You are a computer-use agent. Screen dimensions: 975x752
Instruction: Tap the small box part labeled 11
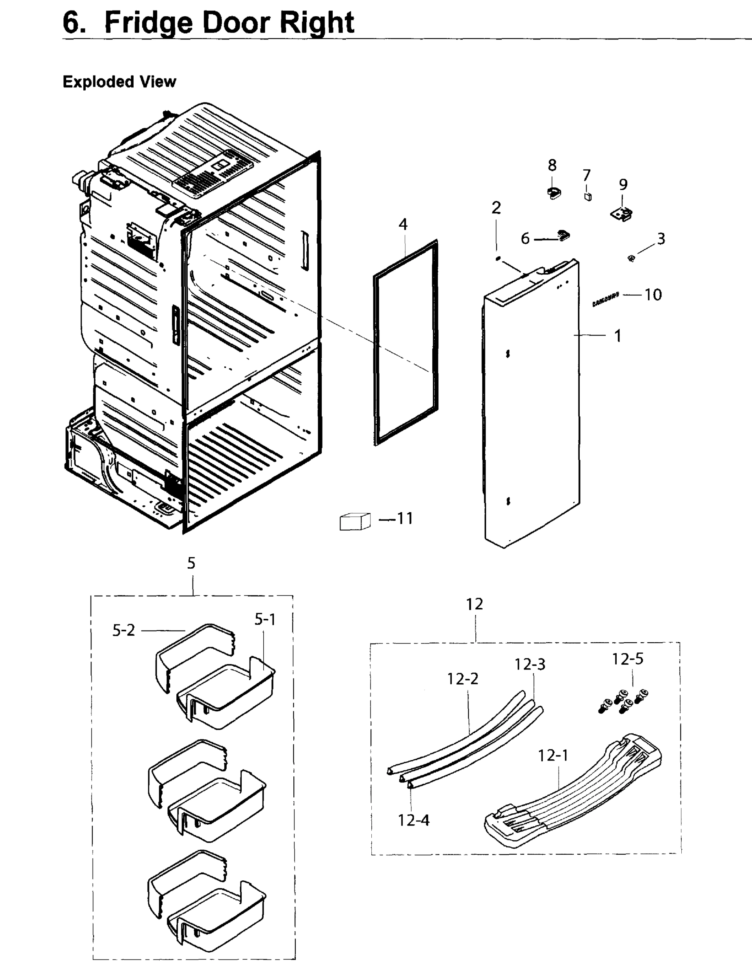tap(355, 521)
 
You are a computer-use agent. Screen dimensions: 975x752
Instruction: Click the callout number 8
tap(553, 166)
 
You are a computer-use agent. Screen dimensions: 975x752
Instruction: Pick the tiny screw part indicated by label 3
tap(631, 258)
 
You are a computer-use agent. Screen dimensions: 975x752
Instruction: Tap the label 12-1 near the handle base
tap(553, 756)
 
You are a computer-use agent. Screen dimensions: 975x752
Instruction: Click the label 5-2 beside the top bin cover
tap(123, 630)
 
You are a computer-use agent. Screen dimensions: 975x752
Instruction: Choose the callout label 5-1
tap(265, 619)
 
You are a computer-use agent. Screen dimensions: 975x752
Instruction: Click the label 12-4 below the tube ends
tap(414, 820)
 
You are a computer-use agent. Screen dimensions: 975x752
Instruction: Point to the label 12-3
tap(530, 664)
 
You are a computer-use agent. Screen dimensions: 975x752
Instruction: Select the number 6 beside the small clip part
tap(525, 239)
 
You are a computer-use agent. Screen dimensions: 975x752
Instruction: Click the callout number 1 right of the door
tap(618, 336)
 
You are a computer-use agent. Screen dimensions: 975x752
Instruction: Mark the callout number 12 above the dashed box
tap(474, 604)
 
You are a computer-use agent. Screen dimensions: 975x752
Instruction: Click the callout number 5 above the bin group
tap(191, 563)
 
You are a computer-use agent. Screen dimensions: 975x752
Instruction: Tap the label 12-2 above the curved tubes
tap(463, 678)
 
